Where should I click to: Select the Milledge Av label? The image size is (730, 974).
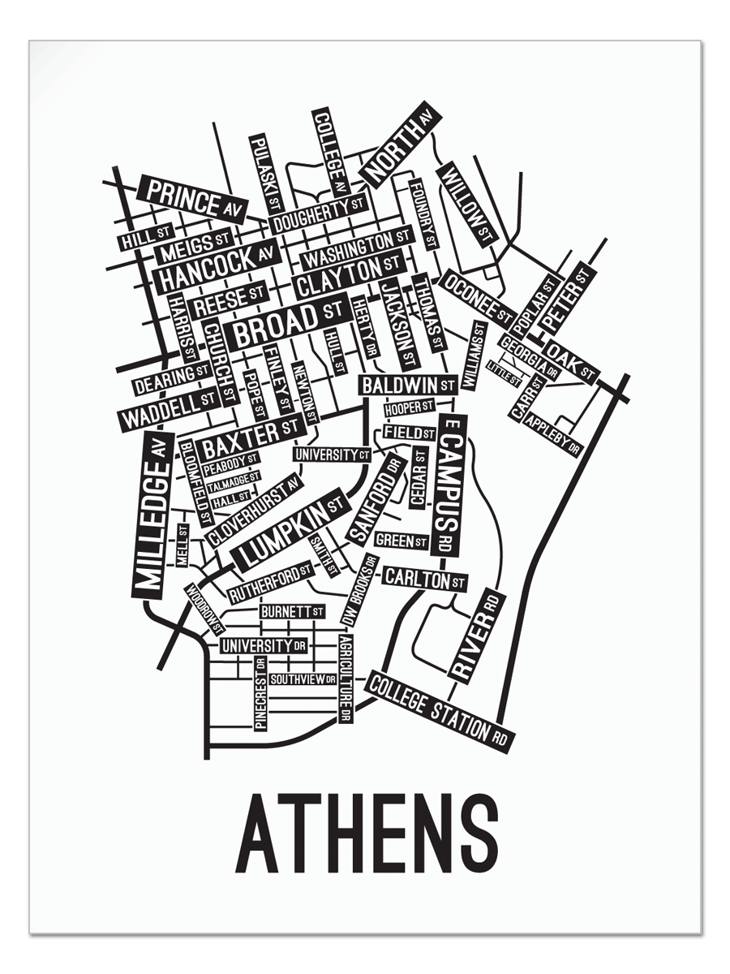click(x=152, y=515)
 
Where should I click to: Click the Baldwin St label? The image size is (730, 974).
click(x=408, y=385)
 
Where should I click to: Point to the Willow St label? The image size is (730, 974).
click(x=466, y=203)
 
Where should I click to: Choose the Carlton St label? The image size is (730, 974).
click(x=424, y=579)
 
